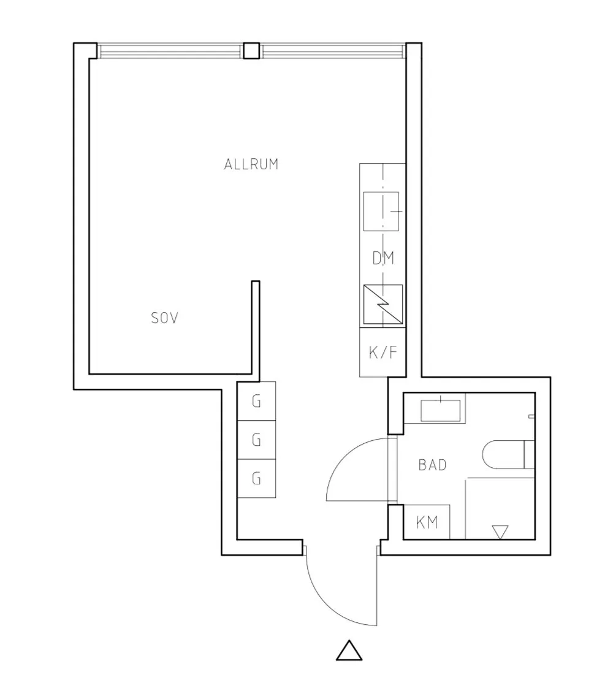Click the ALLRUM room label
[251, 164]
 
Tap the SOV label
[164, 318]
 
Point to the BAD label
[432, 465]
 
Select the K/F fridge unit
[383, 352]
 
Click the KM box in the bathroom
[427, 522]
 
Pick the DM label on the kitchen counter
[383, 258]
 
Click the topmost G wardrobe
[256, 401]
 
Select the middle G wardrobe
[256, 440]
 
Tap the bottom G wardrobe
[256, 479]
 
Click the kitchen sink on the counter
[381, 211]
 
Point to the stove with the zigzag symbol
[383, 305]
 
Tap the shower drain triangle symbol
[500, 532]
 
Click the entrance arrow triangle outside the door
[349, 651]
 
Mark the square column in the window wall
[251, 51]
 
